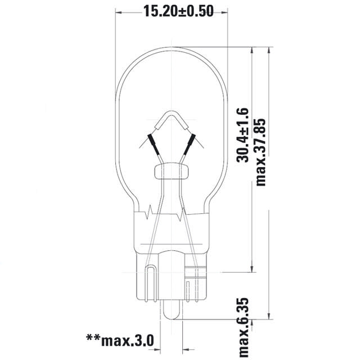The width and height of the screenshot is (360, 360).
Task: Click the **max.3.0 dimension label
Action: coord(119,339)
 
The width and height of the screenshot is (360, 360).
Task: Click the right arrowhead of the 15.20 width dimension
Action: coord(224,11)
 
